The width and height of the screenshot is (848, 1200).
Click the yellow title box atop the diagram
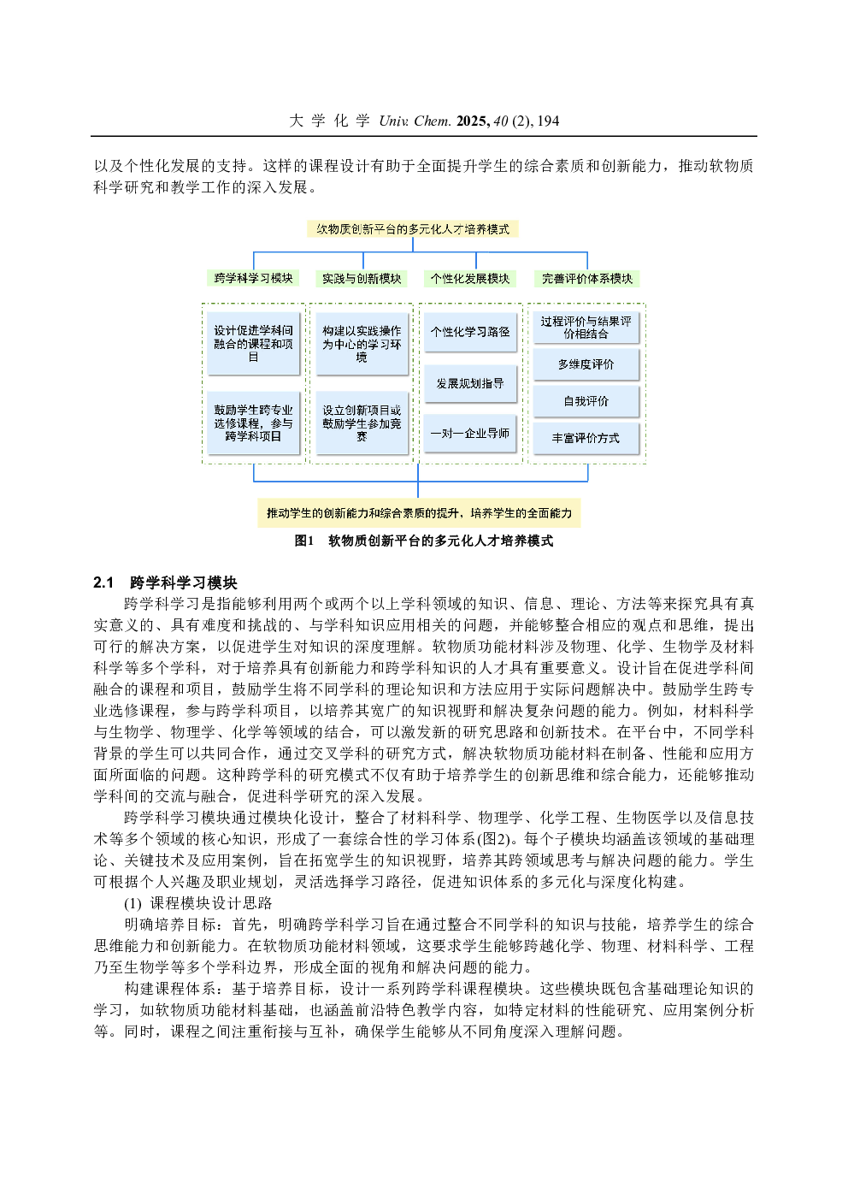[x=413, y=229]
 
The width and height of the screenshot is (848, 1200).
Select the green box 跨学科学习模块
[x=253, y=278]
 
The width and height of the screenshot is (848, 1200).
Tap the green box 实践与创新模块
[x=362, y=278]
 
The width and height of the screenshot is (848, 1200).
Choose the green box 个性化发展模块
[x=470, y=278]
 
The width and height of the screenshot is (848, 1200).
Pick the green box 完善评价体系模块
[x=587, y=278]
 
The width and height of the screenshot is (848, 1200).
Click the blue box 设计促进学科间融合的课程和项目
[x=253, y=344]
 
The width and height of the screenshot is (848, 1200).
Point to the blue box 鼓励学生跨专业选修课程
[x=253, y=423]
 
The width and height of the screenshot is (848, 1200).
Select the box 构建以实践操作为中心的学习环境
[x=362, y=344]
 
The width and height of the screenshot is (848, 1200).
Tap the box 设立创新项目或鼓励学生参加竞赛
[x=362, y=423]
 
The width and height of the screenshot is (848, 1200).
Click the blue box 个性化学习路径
[x=470, y=332]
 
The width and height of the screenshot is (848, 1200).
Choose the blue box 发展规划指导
[x=470, y=383]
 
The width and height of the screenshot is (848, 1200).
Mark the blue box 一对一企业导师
[x=470, y=434]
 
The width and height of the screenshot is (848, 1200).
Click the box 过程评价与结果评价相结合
[x=586, y=328]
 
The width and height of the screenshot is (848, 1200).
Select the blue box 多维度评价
[x=586, y=364]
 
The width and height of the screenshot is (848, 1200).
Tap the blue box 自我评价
[x=586, y=401]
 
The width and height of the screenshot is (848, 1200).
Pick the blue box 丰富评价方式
[x=586, y=438]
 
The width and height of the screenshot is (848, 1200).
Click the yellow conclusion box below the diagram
[x=419, y=513]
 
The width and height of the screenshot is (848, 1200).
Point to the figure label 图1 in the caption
[x=304, y=541]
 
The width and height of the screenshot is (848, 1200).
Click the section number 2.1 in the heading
[x=103, y=582]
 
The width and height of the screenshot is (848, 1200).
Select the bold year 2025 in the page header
[x=473, y=121]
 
